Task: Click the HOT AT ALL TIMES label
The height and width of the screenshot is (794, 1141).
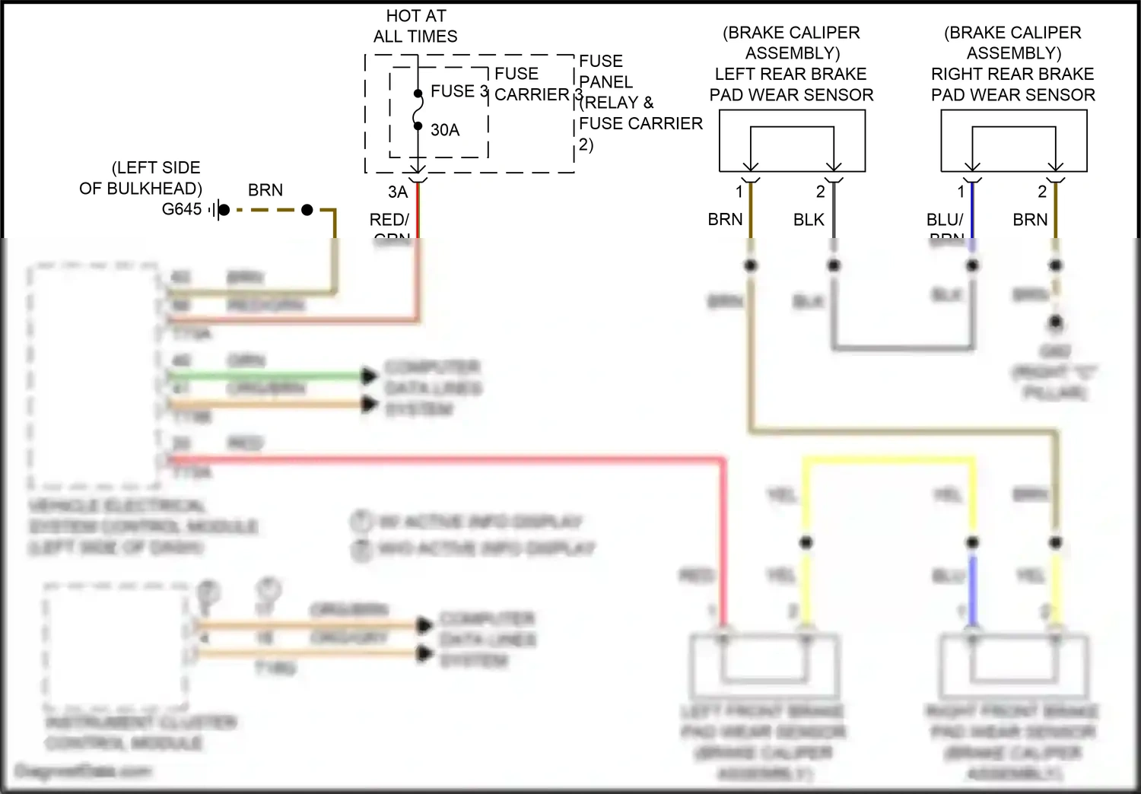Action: click(x=415, y=26)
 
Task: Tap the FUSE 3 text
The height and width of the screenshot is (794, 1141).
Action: click(x=459, y=91)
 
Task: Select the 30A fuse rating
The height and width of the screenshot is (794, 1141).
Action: click(x=445, y=130)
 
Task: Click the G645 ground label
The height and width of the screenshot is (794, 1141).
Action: click(x=182, y=209)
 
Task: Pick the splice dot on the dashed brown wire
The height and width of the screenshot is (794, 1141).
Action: click(x=307, y=210)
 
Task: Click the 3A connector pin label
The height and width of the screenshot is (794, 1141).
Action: click(x=398, y=192)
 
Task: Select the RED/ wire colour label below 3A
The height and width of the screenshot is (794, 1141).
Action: click(x=389, y=220)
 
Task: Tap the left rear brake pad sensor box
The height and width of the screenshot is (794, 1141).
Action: click(x=792, y=141)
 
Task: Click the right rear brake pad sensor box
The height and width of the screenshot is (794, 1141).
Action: click(x=1013, y=141)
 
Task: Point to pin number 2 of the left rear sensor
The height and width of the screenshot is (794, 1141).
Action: click(x=820, y=192)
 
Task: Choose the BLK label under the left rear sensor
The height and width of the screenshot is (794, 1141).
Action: click(x=809, y=220)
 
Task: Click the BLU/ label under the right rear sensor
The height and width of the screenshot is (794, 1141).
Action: click(x=944, y=220)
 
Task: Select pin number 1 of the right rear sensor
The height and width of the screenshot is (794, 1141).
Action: click(x=961, y=192)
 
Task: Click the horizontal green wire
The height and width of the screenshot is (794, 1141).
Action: click(x=266, y=376)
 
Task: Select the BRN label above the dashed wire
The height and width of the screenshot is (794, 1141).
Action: click(x=265, y=190)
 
